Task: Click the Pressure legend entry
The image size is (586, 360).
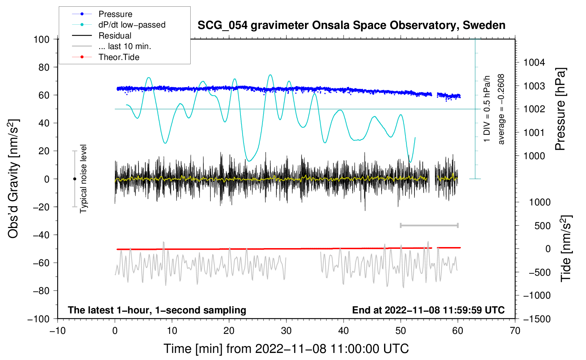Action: [115, 14]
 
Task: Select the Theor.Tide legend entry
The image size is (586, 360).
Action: [119, 57]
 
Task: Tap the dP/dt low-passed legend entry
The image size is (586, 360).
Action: [132, 25]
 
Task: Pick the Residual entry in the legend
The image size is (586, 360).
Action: [115, 36]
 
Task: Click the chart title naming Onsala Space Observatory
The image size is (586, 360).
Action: [351, 25]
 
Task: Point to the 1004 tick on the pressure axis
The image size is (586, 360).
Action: [534, 62]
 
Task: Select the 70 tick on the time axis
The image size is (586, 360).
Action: [515, 331]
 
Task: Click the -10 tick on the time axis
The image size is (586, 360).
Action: [58, 331]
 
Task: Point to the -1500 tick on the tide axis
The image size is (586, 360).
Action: [537, 319]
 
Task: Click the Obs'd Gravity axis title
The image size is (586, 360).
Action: [13, 179]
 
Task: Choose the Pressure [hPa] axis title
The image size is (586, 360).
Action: [560, 109]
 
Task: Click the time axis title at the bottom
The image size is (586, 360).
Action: [286, 349]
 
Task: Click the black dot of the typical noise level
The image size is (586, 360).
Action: [74, 179]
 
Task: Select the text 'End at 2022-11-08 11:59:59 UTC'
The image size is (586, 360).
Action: [428, 310]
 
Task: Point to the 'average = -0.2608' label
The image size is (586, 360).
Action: [501, 109]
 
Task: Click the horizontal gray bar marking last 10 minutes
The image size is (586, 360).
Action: [429, 225]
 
